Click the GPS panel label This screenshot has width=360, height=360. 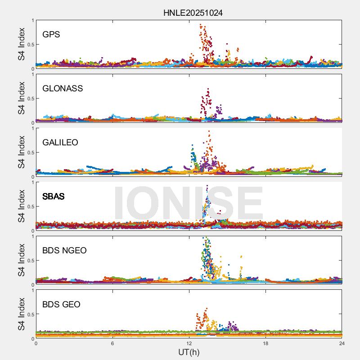coord(51,35)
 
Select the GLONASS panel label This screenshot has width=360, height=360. coord(63,89)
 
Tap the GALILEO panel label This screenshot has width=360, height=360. coord(60,143)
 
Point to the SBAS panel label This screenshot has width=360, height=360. coord(53,197)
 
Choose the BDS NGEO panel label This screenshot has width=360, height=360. coord(64,251)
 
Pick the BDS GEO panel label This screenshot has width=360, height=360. coord(61,305)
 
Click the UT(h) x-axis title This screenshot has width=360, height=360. coord(189,352)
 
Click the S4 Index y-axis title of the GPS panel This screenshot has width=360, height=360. coord(21,44)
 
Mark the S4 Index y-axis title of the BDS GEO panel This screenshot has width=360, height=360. coord(21,314)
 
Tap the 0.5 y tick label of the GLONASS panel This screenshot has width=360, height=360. coord(28,99)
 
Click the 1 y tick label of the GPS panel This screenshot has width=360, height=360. coord(32,20)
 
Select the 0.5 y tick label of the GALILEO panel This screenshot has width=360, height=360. coord(28,153)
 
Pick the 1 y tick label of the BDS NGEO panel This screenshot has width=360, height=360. coord(32,236)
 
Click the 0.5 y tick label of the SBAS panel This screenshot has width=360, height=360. coord(28,207)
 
